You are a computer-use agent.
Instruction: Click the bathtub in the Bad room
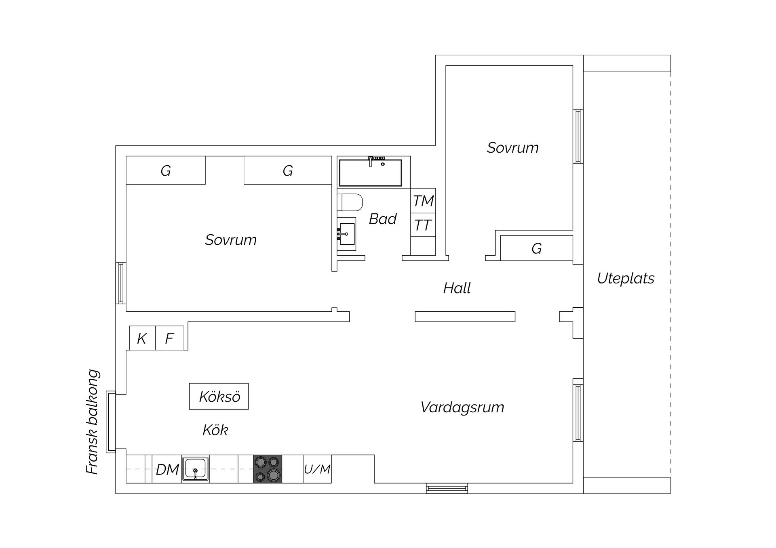coord(370,173)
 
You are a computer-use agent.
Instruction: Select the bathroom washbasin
coord(347,234)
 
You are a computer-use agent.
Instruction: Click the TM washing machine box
coord(423,201)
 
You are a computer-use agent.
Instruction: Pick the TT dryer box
coord(423,225)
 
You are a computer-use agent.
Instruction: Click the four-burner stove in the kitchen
coord(268,469)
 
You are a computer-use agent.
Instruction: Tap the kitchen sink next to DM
coord(195,469)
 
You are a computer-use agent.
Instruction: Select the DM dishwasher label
coord(167,469)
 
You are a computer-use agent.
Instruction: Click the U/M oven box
coord(317,469)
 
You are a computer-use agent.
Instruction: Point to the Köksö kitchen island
coord(219,397)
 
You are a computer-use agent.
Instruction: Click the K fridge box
coord(142,338)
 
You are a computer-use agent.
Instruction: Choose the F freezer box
coord(170,338)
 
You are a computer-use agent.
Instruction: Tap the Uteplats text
coord(625,278)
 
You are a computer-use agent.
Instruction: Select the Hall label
coord(457,288)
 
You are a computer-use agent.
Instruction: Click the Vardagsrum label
coord(462,407)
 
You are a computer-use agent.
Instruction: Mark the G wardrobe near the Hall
coord(536,248)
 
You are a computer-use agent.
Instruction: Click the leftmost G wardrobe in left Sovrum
coord(166,170)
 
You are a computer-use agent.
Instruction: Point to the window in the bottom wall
coord(447,489)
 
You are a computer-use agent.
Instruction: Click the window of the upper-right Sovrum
coord(578,136)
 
